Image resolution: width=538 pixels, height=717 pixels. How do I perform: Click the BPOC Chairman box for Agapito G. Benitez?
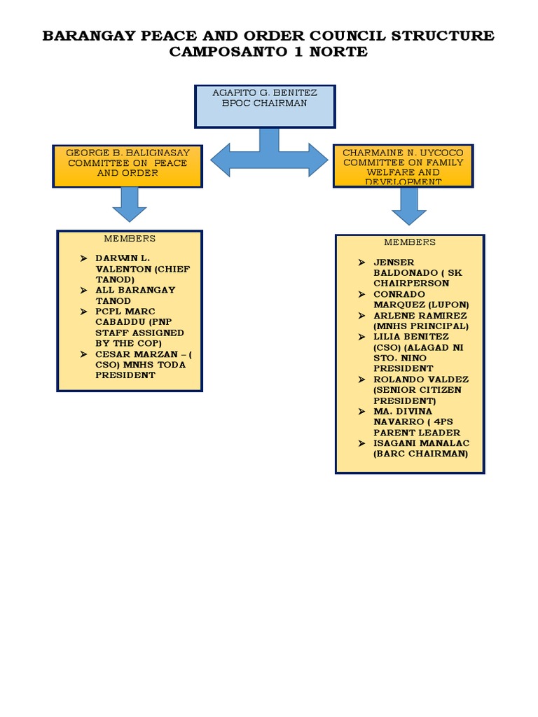click(265, 106)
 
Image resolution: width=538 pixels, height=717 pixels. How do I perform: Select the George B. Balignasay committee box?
click(127, 166)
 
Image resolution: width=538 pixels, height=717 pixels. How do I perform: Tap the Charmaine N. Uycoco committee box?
click(403, 166)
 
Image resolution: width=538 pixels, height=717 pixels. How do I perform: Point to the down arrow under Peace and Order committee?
click(129, 204)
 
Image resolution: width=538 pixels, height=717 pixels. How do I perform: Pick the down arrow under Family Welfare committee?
click(409, 207)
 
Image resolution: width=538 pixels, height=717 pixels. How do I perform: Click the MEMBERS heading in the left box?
click(130, 239)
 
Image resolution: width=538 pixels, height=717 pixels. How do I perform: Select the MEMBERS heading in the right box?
click(410, 242)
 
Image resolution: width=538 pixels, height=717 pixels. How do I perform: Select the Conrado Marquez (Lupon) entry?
click(420, 299)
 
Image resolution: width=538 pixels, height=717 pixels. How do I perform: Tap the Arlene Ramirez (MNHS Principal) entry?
click(420, 321)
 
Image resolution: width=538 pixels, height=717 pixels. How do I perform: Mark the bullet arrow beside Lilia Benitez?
click(361, 337)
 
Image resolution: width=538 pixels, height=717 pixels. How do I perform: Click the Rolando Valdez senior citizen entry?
click(420, 389)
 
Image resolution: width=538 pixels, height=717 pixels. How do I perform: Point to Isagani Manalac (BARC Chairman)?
click(420, 448)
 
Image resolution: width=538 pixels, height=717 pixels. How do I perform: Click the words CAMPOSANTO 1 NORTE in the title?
click(268, 53)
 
